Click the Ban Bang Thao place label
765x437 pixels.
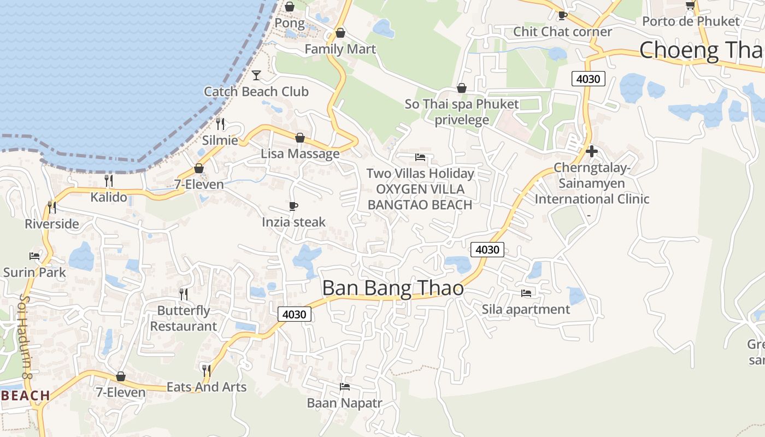pyautogui.click(x=393, y=288)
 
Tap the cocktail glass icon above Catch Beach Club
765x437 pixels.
pyautogui.click(x=256, y=75)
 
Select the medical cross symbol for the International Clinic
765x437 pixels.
pyautogui.click(x=591, y=151)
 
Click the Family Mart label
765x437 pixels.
pyautogui.click(x=340, y=49)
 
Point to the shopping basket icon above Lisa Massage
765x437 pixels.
pyautogui.click(x=299, y=138)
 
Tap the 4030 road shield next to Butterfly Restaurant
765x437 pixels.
pyautogui.click(x=295, y=314)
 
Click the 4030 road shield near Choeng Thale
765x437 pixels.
pyautogui.click(x=588, y=79)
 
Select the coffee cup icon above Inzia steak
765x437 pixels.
pyautogui.click(x=293, y=206)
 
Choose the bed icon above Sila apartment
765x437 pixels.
pyautogui.click(x=526, y=293)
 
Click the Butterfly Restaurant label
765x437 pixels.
pyautogui.click(x=184, y=318)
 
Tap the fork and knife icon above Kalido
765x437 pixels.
pyautogui.click(x=108, y=181)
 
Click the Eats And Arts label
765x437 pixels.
pyautogui.click(x=207, y=387)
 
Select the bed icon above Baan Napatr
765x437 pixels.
pyautogui.click(x=344, y=387)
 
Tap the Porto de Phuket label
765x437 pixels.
pyautogui.click(x=691, y=21)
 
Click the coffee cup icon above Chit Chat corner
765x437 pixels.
pyautogui.click(x=562, y=15)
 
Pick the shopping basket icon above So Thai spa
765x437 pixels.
pyautogui.click(x=462, y=88)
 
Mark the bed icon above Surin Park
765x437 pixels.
pyautogui.click(x=34, y=256)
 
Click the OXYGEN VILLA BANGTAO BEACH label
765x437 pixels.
pyautogui.click(x=420, y=197)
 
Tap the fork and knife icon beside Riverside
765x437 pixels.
pyautogui.click(x=51, y=207)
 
